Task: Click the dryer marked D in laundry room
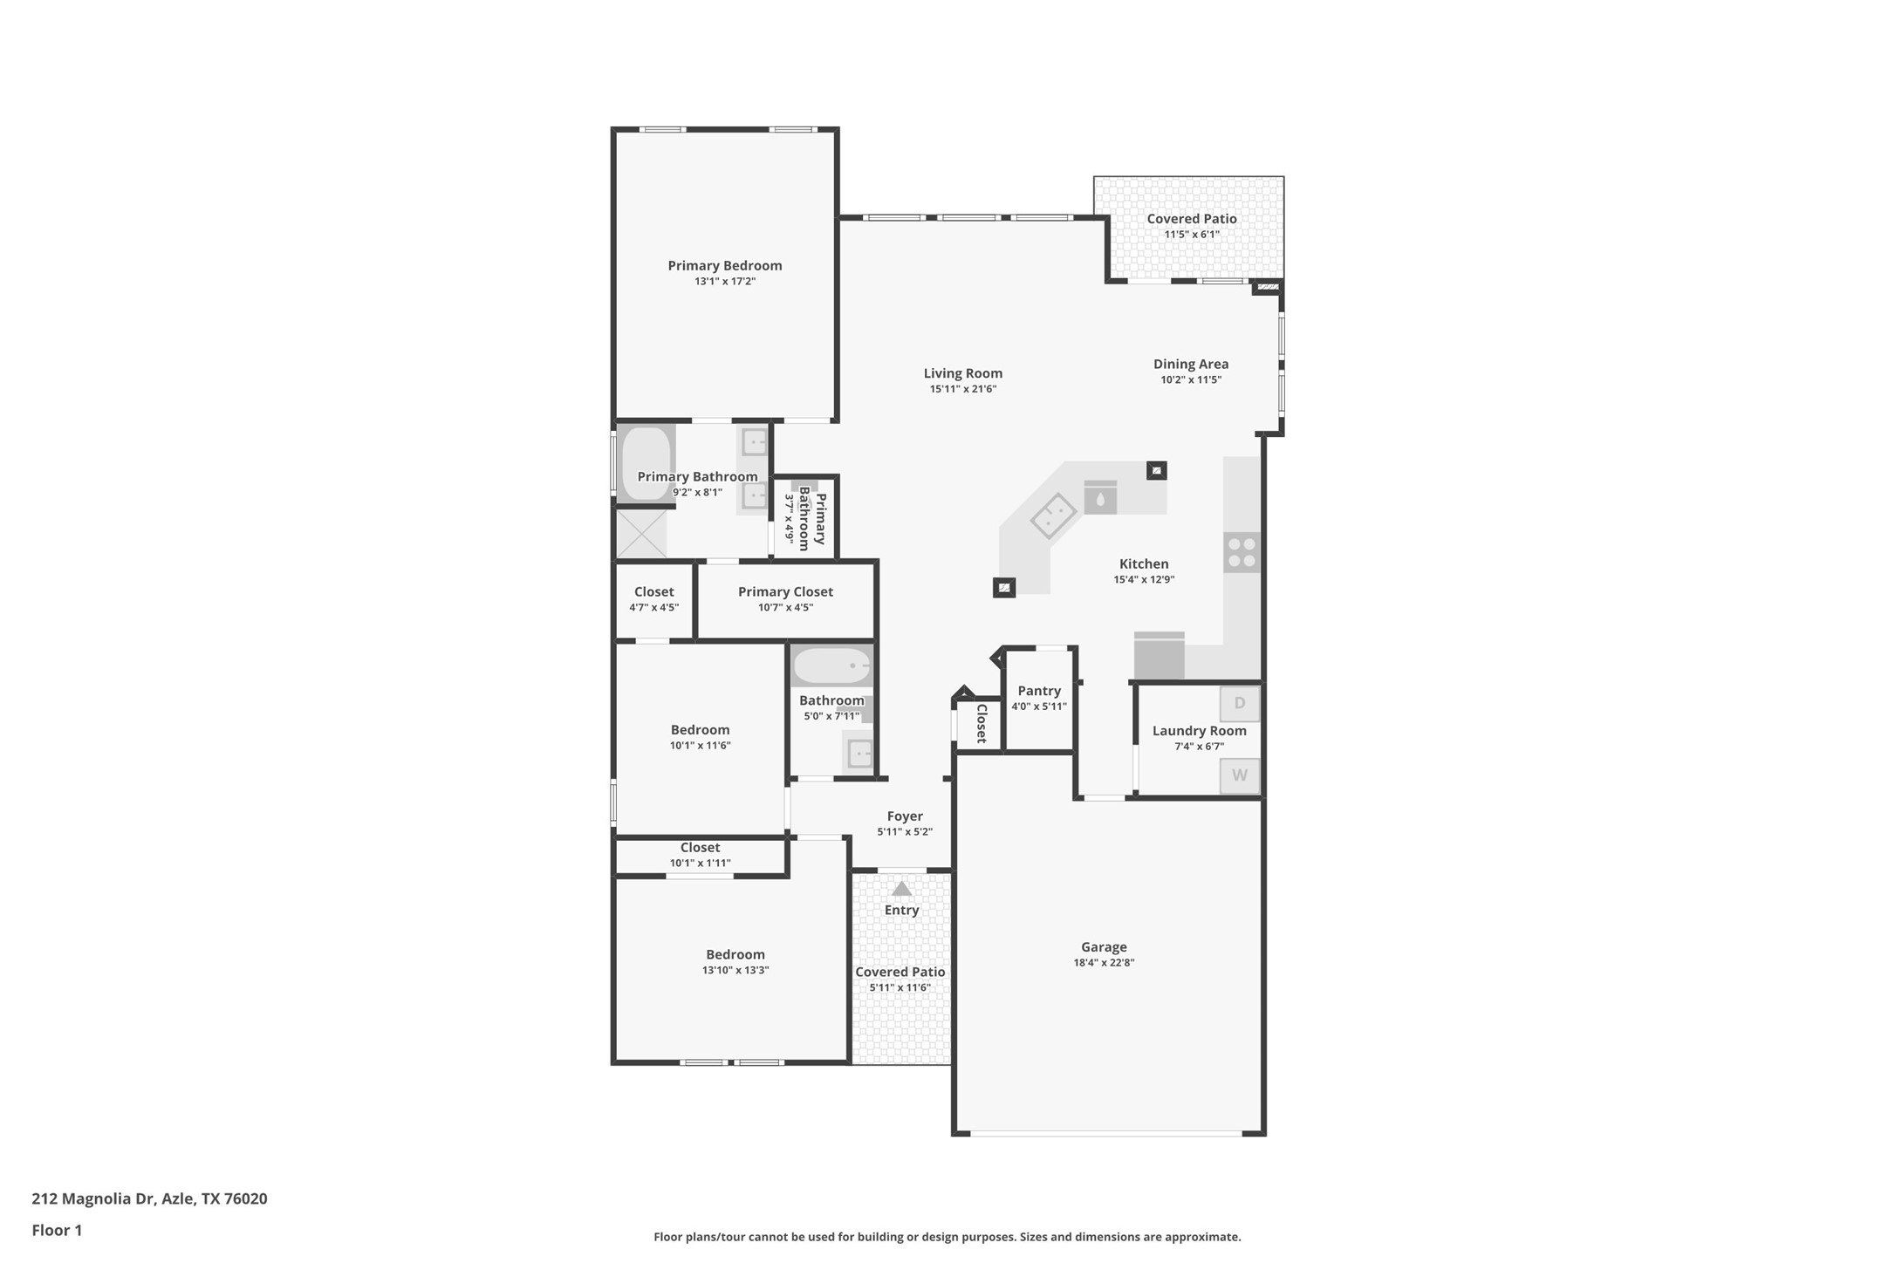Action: (1240, 703)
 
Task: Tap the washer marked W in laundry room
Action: (1240, 775)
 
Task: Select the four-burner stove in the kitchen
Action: (1242, 552)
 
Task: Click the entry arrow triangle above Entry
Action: (902, 889)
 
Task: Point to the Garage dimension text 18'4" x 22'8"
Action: (1104, 963)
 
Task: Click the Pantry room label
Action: (1039, 691)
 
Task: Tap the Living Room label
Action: (963, 373)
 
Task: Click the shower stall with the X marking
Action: (641, 534)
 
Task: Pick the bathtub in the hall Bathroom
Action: (831, 666)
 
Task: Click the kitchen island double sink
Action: (1054, 515)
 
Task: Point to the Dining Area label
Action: (1191, 365)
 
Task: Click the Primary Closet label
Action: (785, 591)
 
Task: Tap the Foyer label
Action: (905, 816)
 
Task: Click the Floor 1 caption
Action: (57, 1231)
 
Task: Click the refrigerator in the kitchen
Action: (1159, 656)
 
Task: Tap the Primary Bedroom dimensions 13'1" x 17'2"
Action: (725, 282)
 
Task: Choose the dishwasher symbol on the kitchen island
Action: (1100, 497)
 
